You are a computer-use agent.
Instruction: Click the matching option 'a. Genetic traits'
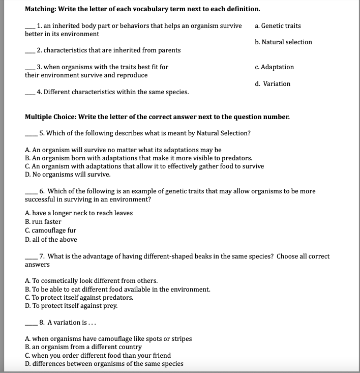278,25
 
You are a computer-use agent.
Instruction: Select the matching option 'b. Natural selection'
283,42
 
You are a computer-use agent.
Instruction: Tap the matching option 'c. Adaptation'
274,67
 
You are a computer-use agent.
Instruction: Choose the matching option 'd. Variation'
273,84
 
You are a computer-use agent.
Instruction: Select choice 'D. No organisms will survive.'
68,175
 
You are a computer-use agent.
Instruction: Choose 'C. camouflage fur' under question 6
50,231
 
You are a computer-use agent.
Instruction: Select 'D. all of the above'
51,239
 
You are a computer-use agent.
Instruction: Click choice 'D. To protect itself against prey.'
71,305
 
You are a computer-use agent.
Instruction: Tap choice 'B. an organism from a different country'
83,347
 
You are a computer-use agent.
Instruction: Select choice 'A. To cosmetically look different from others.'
91,281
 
